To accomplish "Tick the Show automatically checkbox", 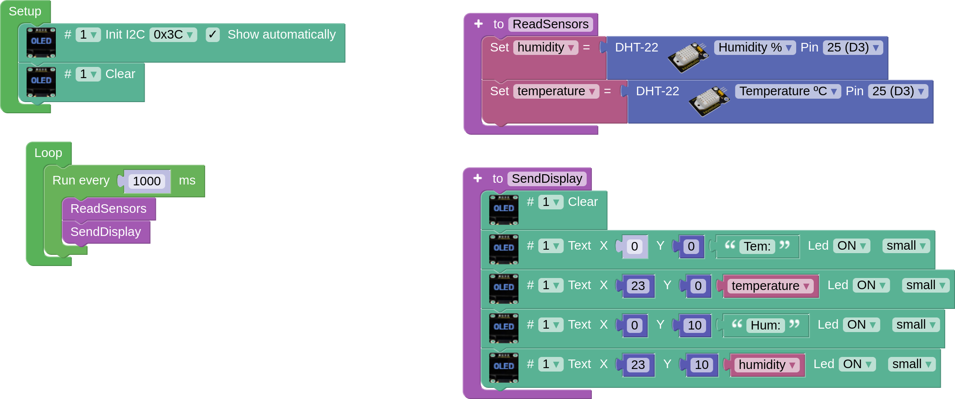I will pyautogui.click(x=212, y=35).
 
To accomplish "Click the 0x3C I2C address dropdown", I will pyautogui.click(x=173, y=35).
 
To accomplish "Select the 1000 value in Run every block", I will pyautogui.click(x=146, y=181).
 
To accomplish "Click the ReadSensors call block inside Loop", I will pyautogui.click(x=108, y=209).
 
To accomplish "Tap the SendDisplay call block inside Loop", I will pyautogui.click(x=106, y=232).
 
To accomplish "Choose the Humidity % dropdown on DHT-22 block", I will pyautogui.click(x=755, y=47).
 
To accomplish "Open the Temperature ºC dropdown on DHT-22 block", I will pyautogui.click(x=788, y=91).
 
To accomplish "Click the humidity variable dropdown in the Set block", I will pyautogui.click(x=546, y=47).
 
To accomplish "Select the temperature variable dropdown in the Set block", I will pyautogui.click(x=556, y=91).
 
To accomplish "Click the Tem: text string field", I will pyautogui.click(x=757, y=246).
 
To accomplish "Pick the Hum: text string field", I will pyautogui.click(x=765, y=325).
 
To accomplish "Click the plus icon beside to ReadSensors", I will pyautogui.click(x=479, y=24).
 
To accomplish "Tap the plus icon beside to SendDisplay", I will pyautogui.click(x=478, y=178).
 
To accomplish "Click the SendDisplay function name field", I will pyautogui.click(x=547, y=178).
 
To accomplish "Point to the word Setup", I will pyautogui.click(x=25, y=11).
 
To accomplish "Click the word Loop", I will pyautogui.click(x=48, y=153).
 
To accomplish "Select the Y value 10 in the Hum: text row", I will pyautogui.click(x=694, y=325).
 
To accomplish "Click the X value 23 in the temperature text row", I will pyautogui.click(x=638, y=286).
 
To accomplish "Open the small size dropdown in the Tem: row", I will pyautogui.click(x=906, y=245).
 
